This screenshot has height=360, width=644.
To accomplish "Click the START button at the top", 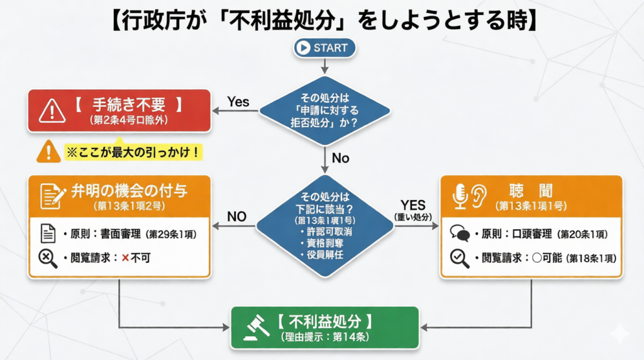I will [x=325, y=47].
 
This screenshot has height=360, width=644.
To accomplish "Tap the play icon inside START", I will [x=304, y=48].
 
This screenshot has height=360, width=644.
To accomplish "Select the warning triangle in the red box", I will [x=51, y=111].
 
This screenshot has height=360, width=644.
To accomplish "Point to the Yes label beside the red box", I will [x=238, y=101].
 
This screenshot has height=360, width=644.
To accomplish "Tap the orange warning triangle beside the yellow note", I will [x=48, y=152].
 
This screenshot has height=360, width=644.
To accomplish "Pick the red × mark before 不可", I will [x=125, y=257].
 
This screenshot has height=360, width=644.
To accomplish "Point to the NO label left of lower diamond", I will [x=236, y=217].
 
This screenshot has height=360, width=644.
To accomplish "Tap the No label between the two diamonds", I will [x=340, y=158].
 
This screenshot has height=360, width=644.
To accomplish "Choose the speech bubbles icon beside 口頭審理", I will [x=460, y=234].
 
